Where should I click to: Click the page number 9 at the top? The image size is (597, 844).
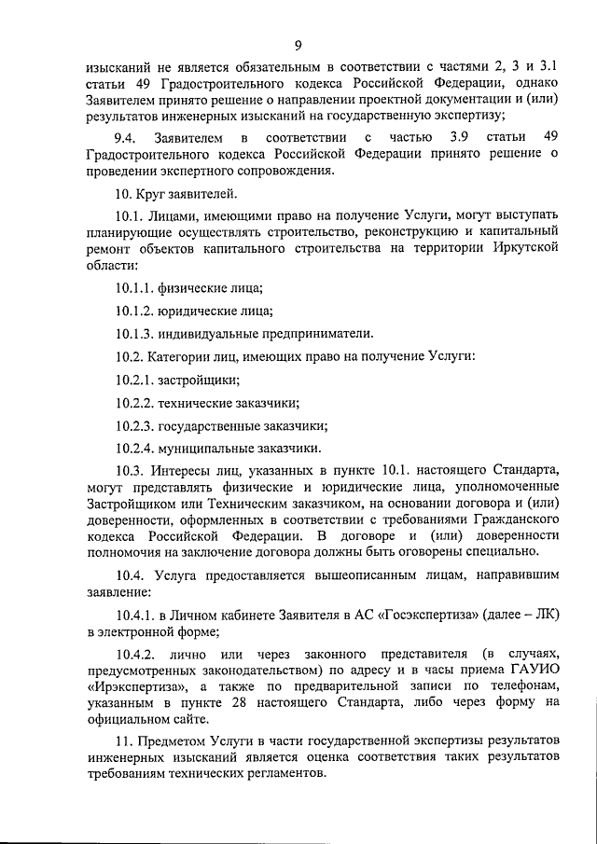[298, 46]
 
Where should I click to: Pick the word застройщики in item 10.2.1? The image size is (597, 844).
[199, 380]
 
